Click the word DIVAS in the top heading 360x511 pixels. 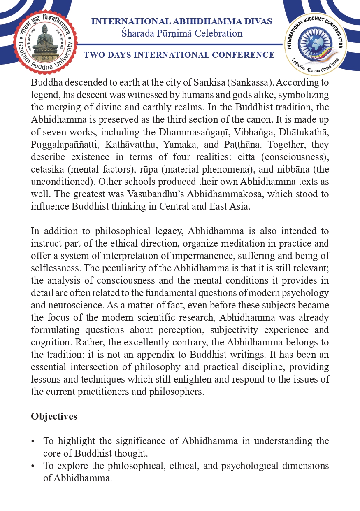(x=256, y=21)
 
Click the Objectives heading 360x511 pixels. (x=54, y=416)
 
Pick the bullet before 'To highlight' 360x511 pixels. (x=33, y=441)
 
